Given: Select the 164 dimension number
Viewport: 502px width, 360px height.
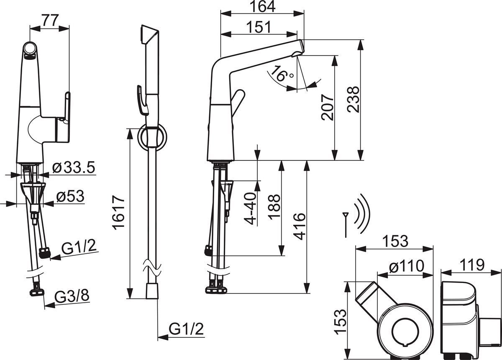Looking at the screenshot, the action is [x=262, y=7].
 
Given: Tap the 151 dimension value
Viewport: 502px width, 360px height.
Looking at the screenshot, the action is [x=259, y=27].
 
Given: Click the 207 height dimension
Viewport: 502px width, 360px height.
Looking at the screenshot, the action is [x=327, y=108].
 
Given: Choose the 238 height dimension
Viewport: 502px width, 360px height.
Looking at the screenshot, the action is [x=353, y=99].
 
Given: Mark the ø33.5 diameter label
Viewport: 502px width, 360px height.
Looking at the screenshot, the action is [x=74, y=167].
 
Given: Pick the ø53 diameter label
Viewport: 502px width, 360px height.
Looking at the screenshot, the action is [x=70, y=196].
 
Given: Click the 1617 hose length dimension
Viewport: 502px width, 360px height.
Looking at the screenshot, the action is [x=118, y=212].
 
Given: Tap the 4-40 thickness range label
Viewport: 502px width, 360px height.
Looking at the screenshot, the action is [x=251, y=208].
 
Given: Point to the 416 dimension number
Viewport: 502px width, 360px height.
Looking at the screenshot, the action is [x=300, y=226].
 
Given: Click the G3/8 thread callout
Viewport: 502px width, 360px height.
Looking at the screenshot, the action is [x=72, y=296].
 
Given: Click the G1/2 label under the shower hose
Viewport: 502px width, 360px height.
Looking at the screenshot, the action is [x=186, y=329].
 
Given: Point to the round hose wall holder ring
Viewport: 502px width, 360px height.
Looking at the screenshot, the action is [x=152, y=138].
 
